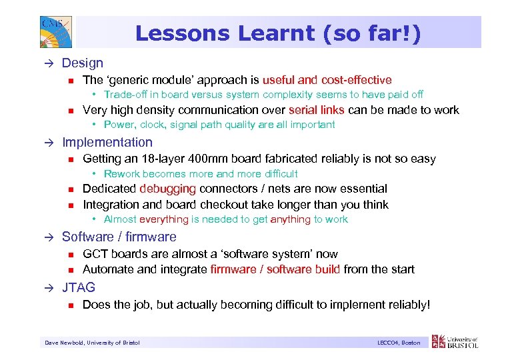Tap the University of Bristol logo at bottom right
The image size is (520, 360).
pyautogui.click(x=455, y=341)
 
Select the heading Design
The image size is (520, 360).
pyautogui.click(x=83, y=63)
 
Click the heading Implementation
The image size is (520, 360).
pyautogui.click(x=107, y=142)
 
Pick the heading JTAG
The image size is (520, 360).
pyautogui.click(x=79, y=287)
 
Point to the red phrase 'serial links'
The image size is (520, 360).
pyautogui.click(x=317, y=110)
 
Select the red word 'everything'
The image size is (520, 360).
pyautogui.click(x=164, y=219)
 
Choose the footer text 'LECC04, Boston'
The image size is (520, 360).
pyautogui.click(x=398, y=343)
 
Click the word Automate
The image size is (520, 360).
pyautogui.click(x=107, y=269)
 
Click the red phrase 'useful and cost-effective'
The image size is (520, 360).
pyautogui.click(x=327, y=80)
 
